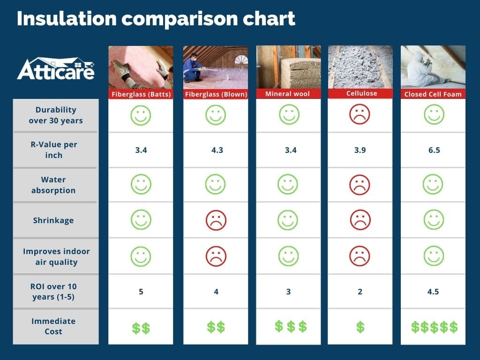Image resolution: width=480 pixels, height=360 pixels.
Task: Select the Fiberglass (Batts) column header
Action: [x=141, y=94]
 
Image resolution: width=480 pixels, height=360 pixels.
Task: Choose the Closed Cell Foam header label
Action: [x=433, y=94]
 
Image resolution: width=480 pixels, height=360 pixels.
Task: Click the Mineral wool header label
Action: [x=288, y=94]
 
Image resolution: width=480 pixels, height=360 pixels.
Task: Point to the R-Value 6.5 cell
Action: [x=433, y=150]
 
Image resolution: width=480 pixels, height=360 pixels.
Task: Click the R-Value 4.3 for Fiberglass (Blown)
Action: [x=216, y=150]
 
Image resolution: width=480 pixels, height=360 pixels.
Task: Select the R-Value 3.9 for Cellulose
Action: [x=360, y=150]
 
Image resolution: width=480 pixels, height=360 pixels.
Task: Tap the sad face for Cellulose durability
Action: [x=360, y=115]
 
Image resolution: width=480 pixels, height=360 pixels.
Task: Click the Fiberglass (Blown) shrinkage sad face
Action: [x=216, y=220]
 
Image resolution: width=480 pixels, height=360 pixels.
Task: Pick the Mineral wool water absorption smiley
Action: [x=288, y=185]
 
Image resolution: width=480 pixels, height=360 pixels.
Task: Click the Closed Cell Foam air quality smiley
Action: [x=433, y=256]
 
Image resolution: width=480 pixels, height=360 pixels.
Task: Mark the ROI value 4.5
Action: [x=433, y=292]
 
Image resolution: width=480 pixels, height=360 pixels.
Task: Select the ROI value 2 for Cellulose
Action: [x=360, y=292]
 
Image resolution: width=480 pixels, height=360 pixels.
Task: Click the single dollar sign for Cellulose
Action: [x=360, y=327]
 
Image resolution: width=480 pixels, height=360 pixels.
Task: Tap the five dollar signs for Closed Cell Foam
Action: [x=434, y=327]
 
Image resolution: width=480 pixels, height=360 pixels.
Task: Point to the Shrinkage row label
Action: [x=53, y=220]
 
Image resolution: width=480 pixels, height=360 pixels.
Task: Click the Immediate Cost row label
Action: [x=53, y=326]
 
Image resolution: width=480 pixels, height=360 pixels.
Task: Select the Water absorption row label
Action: [x=53, y=185]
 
